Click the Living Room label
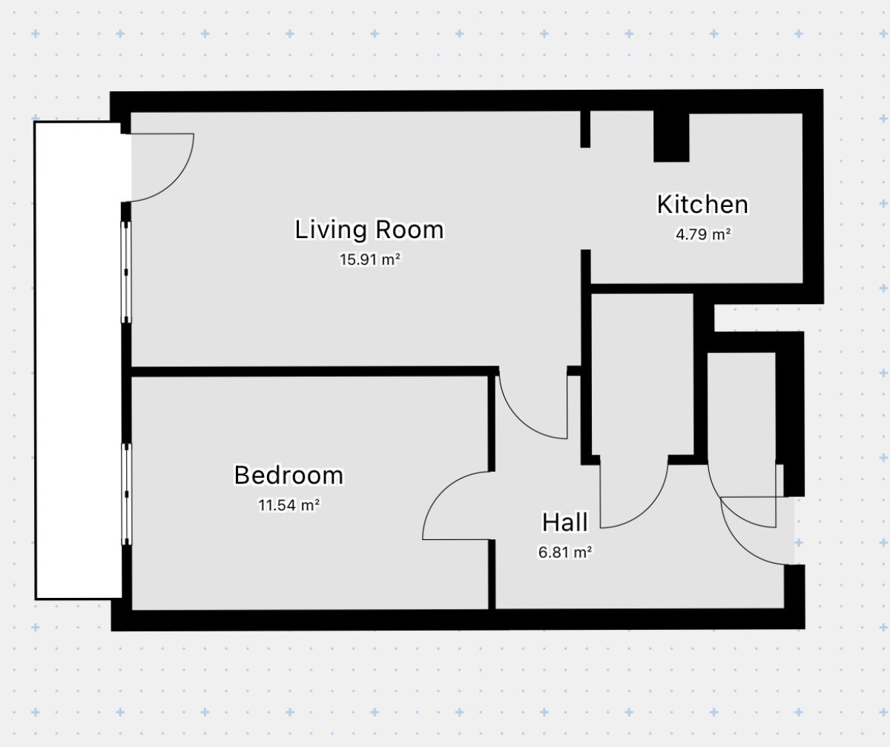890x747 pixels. pos(369,229)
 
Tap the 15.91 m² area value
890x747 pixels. pos(369,259)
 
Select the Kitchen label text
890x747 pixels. pos(702,205)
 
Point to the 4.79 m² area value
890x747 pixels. pos(703,234)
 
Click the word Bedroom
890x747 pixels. pos(289,475)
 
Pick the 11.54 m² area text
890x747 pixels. pos(289,505)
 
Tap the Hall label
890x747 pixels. pos(564,522)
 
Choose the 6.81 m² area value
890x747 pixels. pos(565,553)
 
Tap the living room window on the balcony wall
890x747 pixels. pos(126,272)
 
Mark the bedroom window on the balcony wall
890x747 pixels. pos(127,494)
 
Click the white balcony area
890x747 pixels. pos(78,361)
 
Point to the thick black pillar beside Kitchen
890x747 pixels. pos(671,136)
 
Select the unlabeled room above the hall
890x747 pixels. pos(642,375)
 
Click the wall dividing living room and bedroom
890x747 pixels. pos(314,371)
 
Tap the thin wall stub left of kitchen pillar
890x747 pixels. pos(585,129)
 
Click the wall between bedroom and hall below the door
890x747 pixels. pos(492,574)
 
